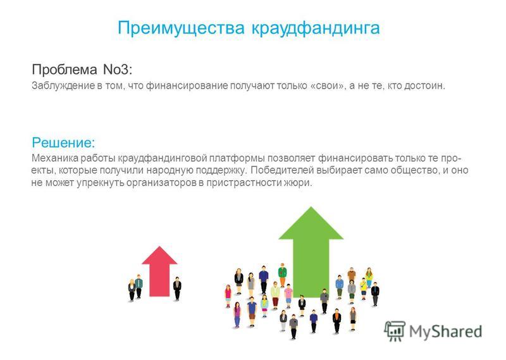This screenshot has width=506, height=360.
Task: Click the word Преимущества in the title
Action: [181, 28]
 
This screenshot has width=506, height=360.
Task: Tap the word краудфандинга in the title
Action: [316, 28]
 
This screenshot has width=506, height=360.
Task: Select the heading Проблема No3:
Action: [82, 70]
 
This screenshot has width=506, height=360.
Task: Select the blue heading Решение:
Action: [64, 142]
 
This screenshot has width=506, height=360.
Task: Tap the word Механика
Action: [54, 159]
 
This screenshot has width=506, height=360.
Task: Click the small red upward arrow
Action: [159, 271]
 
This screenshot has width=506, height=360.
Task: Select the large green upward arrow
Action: [311, 252]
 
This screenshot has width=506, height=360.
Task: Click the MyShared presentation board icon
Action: [395, 331]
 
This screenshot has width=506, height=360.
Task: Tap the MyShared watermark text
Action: [446, 332]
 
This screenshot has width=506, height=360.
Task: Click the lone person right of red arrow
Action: [177, 289]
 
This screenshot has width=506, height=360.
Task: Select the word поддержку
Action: [221, 170]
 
